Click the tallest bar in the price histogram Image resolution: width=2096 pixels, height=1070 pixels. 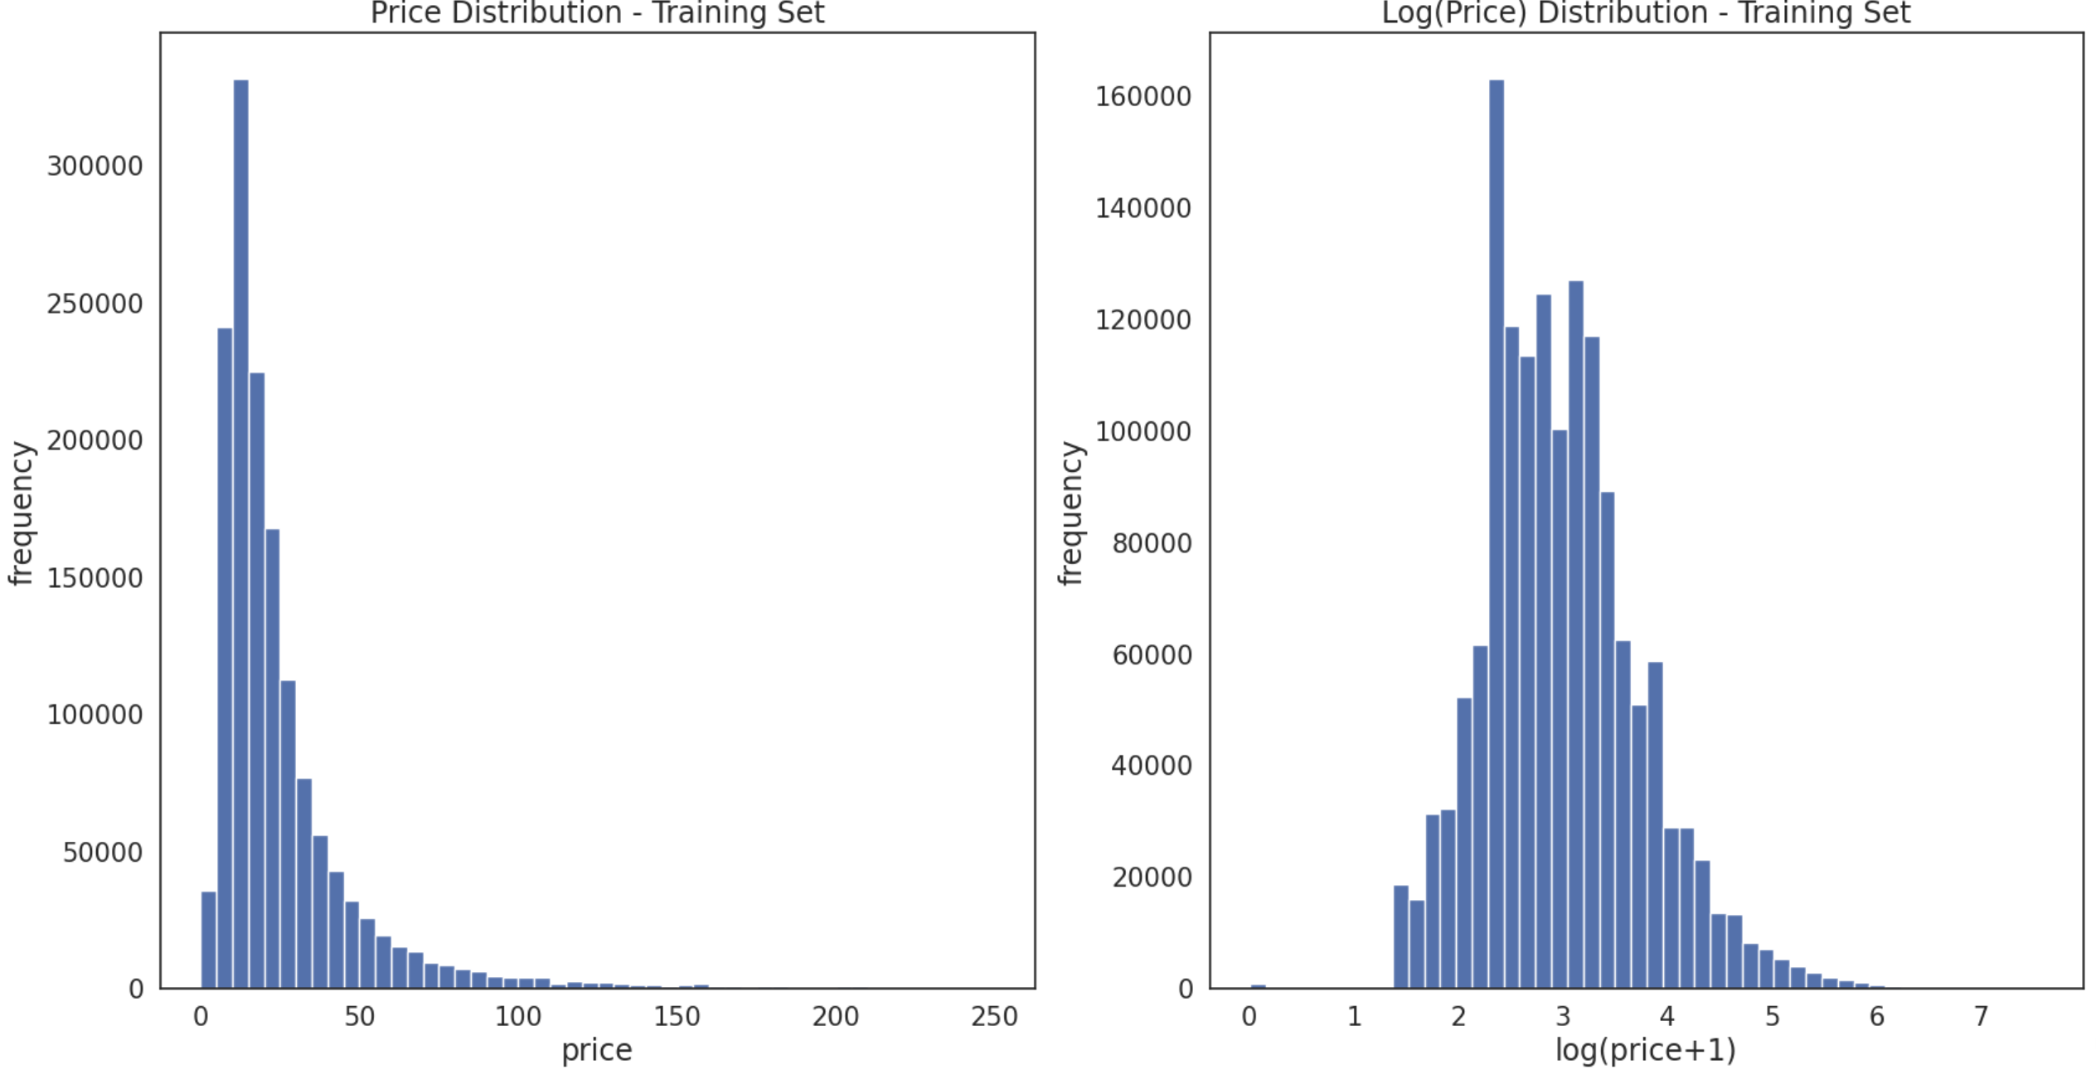pyautogui.click(x=240, y=531)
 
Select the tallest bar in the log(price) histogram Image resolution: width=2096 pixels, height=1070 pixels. pyautogui.click(x=1496, y=531)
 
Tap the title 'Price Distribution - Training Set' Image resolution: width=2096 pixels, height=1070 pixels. pyautogui.click(x=597, y=13)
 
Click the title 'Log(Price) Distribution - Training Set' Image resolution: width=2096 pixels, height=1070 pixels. pyautogui.click(x=1646, y=13)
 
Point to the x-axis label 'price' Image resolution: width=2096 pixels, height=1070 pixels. pyautogui.click(x=597, y=1050)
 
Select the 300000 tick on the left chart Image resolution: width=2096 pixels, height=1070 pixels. pyautogui.click(x=95, y=167)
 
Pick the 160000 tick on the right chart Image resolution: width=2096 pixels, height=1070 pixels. pyautogui.click(x=1143, y=97)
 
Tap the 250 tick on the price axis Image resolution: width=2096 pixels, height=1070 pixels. pyautogui.click(x=994, y=1017)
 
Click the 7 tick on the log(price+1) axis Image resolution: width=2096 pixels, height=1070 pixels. pyautogui.click(x=1982, y=1017)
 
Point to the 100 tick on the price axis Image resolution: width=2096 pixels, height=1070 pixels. pyautogui.click(x=518, y=1017)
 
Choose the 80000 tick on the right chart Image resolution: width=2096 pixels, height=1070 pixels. pyautogui.click(x=1152, y=543)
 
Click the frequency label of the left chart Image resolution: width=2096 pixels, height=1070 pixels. pyautogui.click(x=22, y=514)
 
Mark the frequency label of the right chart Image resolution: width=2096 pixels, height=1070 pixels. pyautogui.click(x=1070, y=514)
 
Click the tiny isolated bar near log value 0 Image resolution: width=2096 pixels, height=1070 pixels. pyautogui.click(x=1258, y=986)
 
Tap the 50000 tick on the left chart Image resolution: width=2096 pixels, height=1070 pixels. pyautogui.click(x=103, y=853)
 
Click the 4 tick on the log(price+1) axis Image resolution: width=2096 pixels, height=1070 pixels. pyautogui.click(x=1667, y=1017)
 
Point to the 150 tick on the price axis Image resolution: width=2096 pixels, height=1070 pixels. pyautogui.click(x=677, y=1017)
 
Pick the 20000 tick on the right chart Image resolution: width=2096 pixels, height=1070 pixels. pyautogui.click(x=1152, y=878)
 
